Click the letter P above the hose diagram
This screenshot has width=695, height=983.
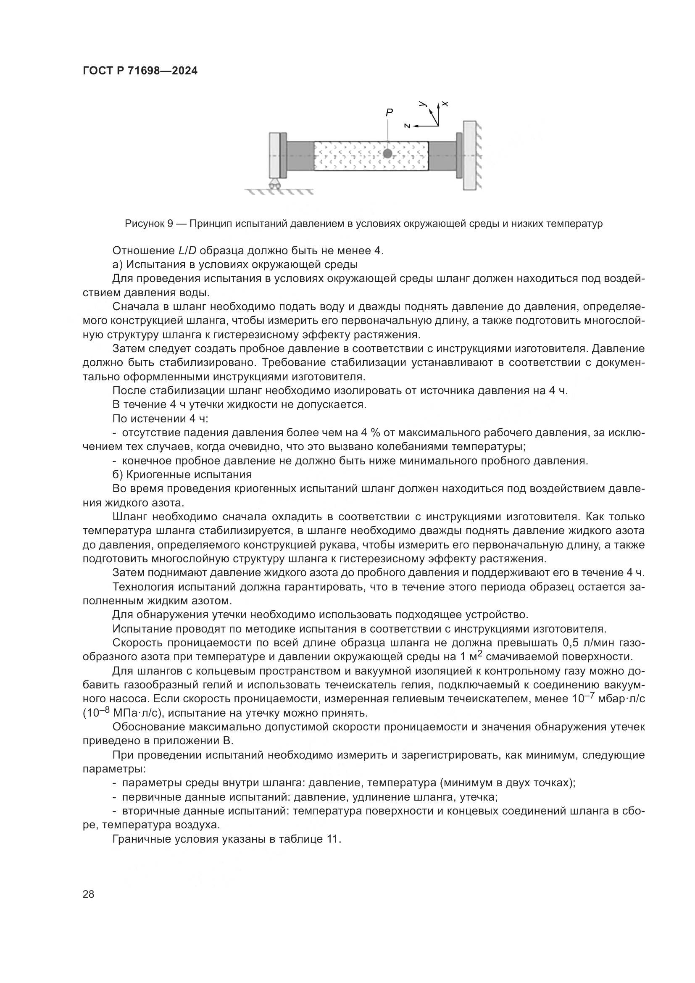pyautogui.click(x=389, y=112)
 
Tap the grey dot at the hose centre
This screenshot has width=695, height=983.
pyautogui.click(x=388, y=153)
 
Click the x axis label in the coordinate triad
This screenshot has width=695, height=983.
pyautogui.click(x=445, y=104)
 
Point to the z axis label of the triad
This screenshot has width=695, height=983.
pyautogui.click(x=408, y=126)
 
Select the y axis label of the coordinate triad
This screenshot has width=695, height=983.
pyautogui.click(x=423, y=104)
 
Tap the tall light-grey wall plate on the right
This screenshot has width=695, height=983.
pyautogui.click(x=469, y=155)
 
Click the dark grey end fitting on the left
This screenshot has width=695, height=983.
pyautogui.click(x=300, y=156)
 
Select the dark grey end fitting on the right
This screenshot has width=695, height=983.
pyautogui.click(x=442, y=156)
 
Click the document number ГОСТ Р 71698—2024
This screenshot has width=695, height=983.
pyautogui.click(x=140, y=71)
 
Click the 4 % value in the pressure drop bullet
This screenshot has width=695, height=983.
pyautogui.click(x=372, y=433)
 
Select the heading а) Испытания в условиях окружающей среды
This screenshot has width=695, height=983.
pyautogui.click(x=235, y=265)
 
